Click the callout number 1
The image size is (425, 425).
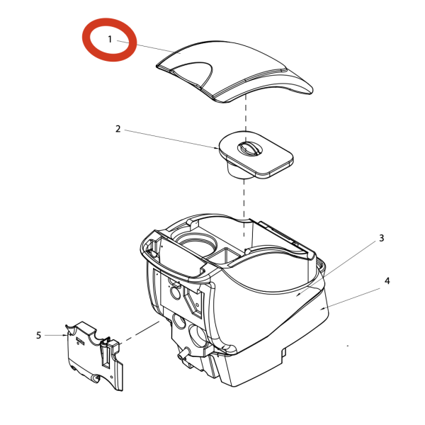tap(110, 39)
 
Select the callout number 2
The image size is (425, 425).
tap(118, 129)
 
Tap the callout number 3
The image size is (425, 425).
tap(382, 238)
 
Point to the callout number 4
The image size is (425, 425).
tap(387, 280)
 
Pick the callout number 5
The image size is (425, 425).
tap(39, 335)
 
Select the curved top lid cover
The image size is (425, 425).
tap(234, 72)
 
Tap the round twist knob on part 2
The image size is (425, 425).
tap(250, 149)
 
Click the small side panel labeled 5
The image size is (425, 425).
tap(94, 356)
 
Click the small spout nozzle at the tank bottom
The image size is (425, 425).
tap(181, 356)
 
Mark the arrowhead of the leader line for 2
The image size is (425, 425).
tap(217, 148)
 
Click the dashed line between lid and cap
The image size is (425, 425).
tap(246, 113)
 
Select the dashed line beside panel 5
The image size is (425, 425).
tap(140, 333)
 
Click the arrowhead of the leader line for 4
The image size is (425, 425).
tap(322, 308)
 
